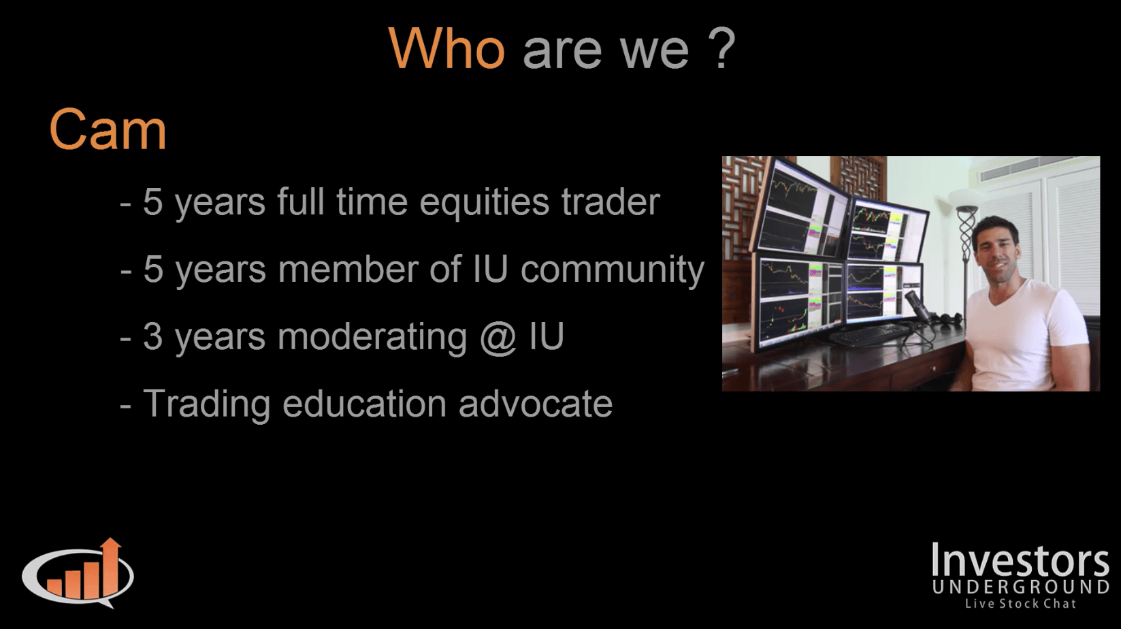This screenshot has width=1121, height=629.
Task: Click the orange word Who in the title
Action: [447, 48]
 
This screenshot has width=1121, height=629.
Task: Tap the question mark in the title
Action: [722, 48]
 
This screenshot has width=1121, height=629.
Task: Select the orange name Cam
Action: [108, 129]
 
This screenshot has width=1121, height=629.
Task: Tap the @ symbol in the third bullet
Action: [498, 337]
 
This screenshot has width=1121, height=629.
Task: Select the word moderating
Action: [372, 337]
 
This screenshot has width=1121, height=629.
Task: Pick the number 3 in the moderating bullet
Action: [152, 336]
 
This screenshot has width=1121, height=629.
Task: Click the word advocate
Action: [536, 404]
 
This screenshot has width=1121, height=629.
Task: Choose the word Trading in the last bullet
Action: [207, 405]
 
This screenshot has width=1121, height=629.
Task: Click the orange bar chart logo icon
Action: [78, 573]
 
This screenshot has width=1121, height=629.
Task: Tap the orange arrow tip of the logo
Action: [110, 541]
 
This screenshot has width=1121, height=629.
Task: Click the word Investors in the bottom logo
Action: [1020, 560]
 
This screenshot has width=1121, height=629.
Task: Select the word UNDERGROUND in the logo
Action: [1020, 587]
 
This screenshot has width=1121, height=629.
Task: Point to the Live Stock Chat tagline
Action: [1020, 604]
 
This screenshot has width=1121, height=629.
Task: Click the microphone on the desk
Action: [919, 306]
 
